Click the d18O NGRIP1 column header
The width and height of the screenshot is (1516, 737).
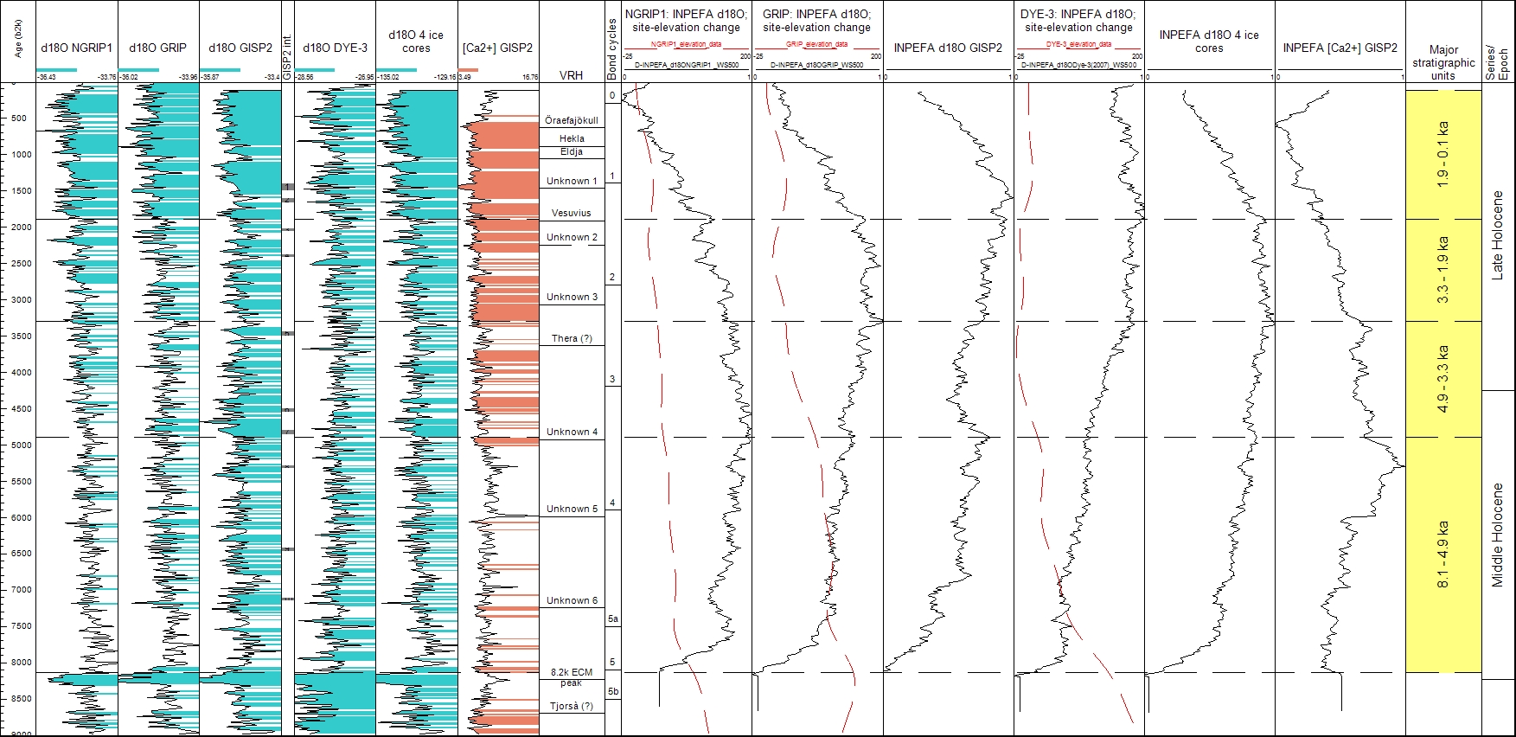pyautogui.click(x=76, y=48)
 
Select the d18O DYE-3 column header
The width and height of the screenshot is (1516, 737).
pyautogui.click(x=335, y=48)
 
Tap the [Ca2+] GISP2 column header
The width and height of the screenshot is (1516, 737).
pyautogui.click(x=497, y=48)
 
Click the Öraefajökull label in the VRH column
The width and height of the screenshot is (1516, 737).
pyautogui.click(x=571, y=120)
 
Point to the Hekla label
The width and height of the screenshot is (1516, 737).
pyautogui.click(x=572, y=138)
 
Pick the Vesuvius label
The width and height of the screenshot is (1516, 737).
pyautogui.click(x=572, y=213)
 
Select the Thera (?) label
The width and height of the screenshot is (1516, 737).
pyautogui.click(x=572, y=338)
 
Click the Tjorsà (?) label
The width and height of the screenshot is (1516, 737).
pyautogui.click(x=572, y=706)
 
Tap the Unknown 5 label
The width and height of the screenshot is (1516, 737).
pyautogui.click(x=572, y=509)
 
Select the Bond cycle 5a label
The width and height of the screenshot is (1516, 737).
pyautogui.click(x=612, y=618)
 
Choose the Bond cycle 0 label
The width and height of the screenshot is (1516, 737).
pyautogui.click(x=612, y=95)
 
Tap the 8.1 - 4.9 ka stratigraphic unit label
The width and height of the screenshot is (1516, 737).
pyautogui.click(x=1442, y=554)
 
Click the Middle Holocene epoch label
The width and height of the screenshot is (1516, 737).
pyautogui.click(x=1498, y=535)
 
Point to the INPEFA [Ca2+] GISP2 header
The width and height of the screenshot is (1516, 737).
pyautogui.click(x=1339, y=48)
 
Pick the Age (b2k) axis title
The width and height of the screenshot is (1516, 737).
pyautogui.click(x=19, y=40)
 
